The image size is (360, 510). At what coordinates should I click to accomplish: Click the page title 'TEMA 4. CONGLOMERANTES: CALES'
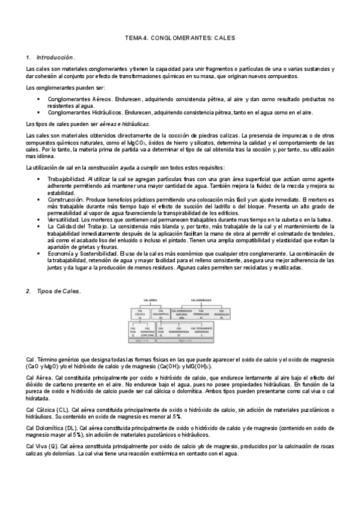[x=180, y=38]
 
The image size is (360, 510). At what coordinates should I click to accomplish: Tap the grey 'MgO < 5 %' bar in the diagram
[x=139, y=341]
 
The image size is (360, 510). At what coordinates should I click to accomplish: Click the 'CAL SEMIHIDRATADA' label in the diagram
[x=179, y=331]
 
